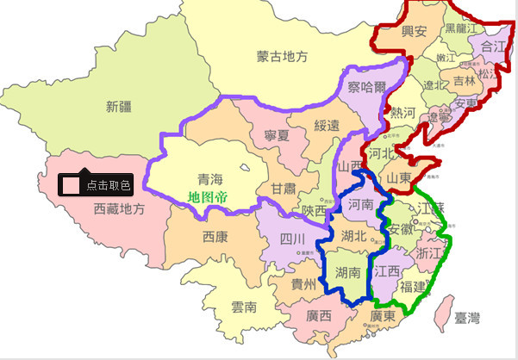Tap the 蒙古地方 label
[282, 57]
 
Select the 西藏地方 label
[119, 208]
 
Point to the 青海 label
[210, 179]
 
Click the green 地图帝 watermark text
[208, 197]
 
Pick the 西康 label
[215, 236]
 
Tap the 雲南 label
[244, 307]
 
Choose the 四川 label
[292, 238]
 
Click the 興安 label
[409, 32]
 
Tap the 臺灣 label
[465, 319]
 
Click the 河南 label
[359, 205]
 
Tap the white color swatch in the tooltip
[72, 184]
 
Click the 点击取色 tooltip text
[108, 185]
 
